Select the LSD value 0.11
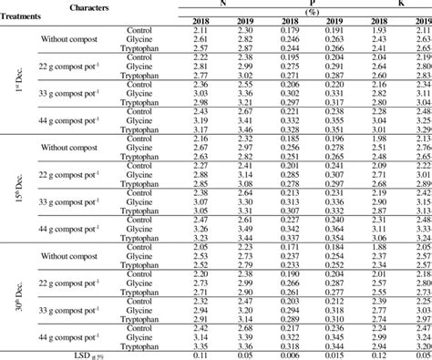pyautogui.click(x=202, y=354)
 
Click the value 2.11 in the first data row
pyautogui.click(x=202, y=31)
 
